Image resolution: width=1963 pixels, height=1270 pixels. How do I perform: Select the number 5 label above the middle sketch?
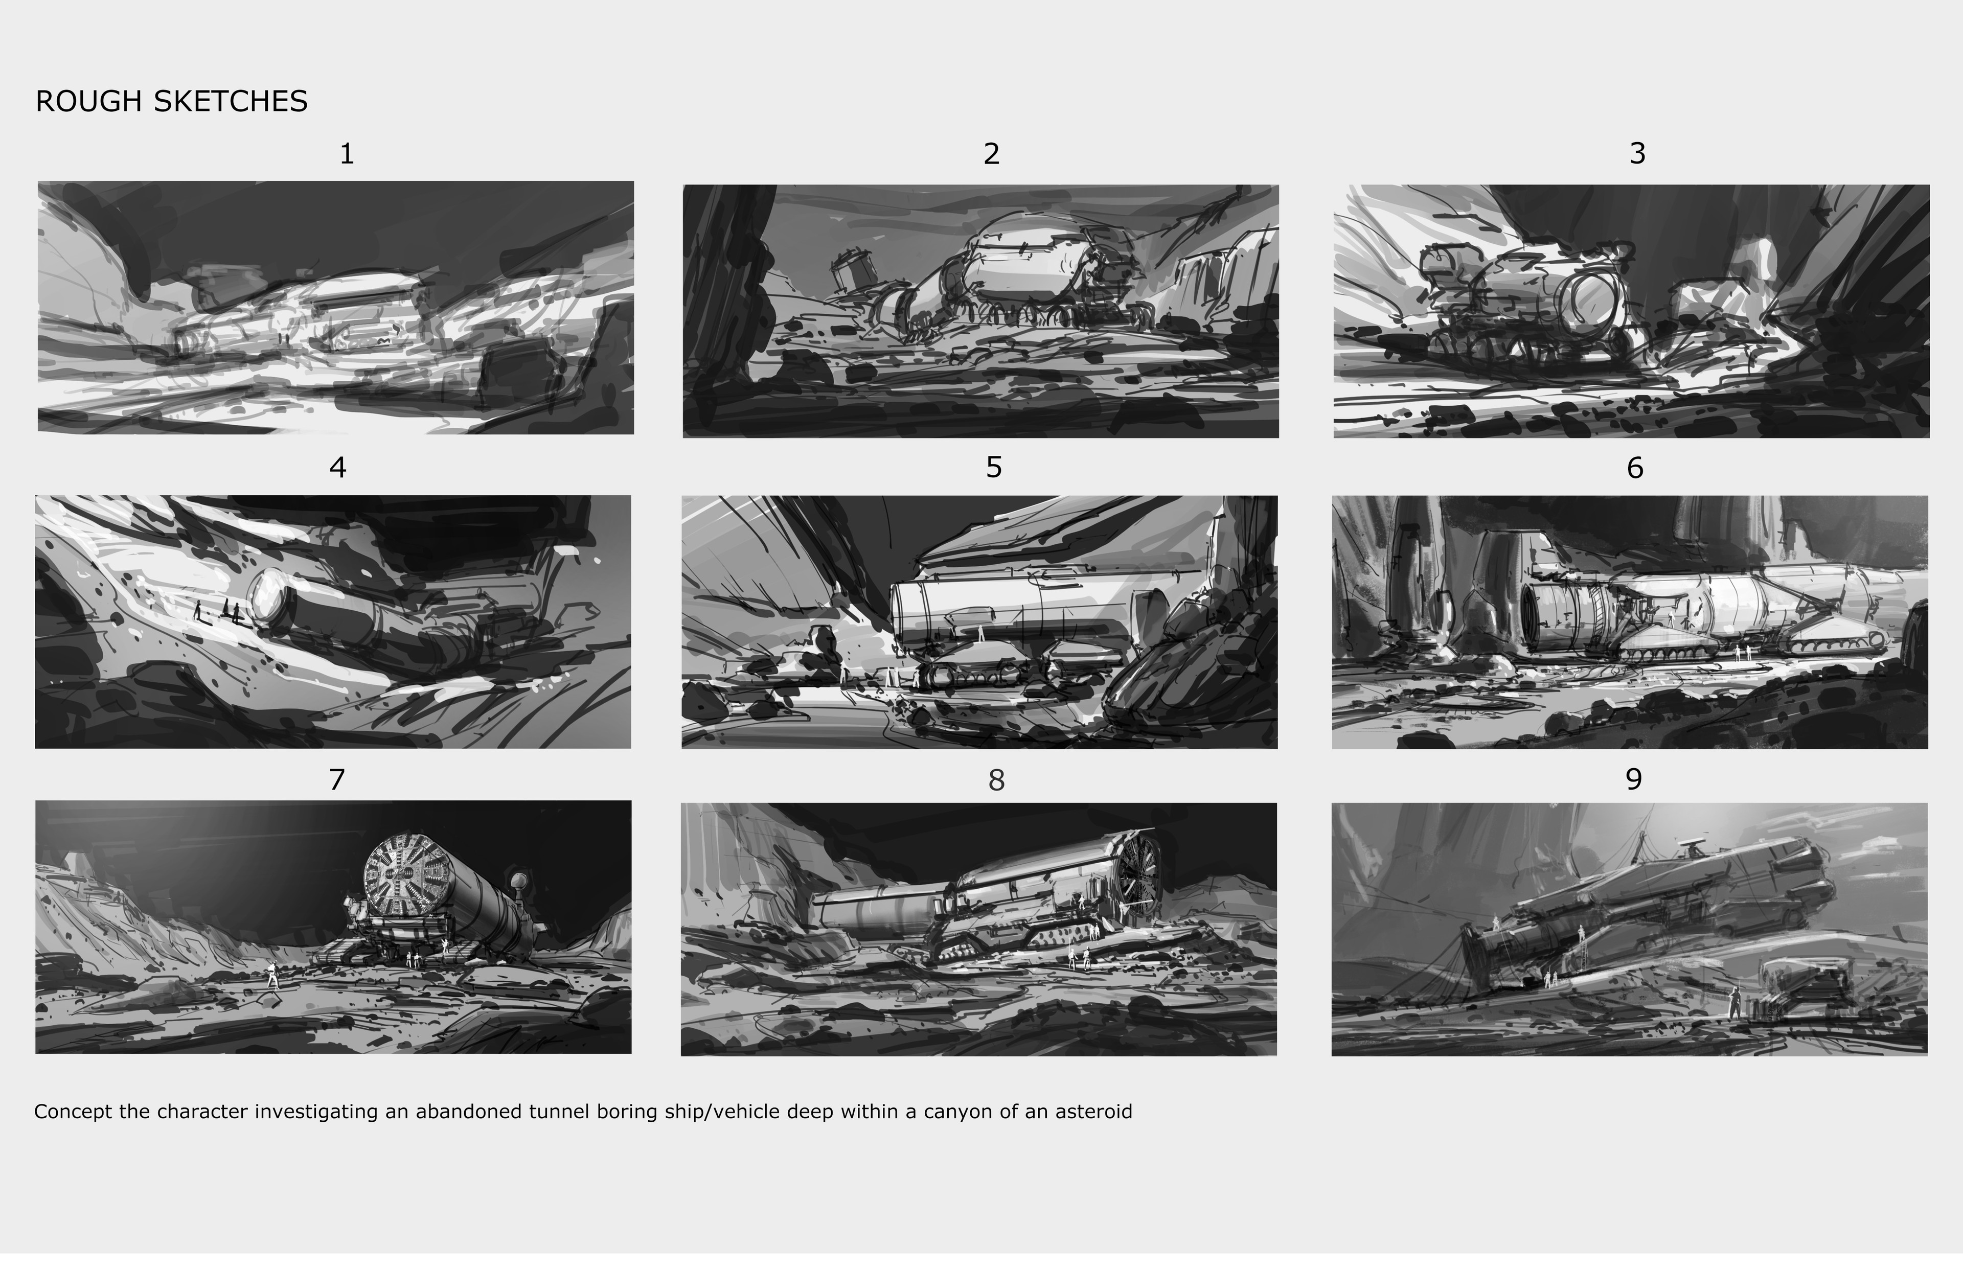pos(993,468)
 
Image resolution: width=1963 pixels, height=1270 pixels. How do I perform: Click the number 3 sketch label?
pos(1637,153)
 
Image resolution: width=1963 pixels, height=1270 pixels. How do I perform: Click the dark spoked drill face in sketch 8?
pos(1139,876)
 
